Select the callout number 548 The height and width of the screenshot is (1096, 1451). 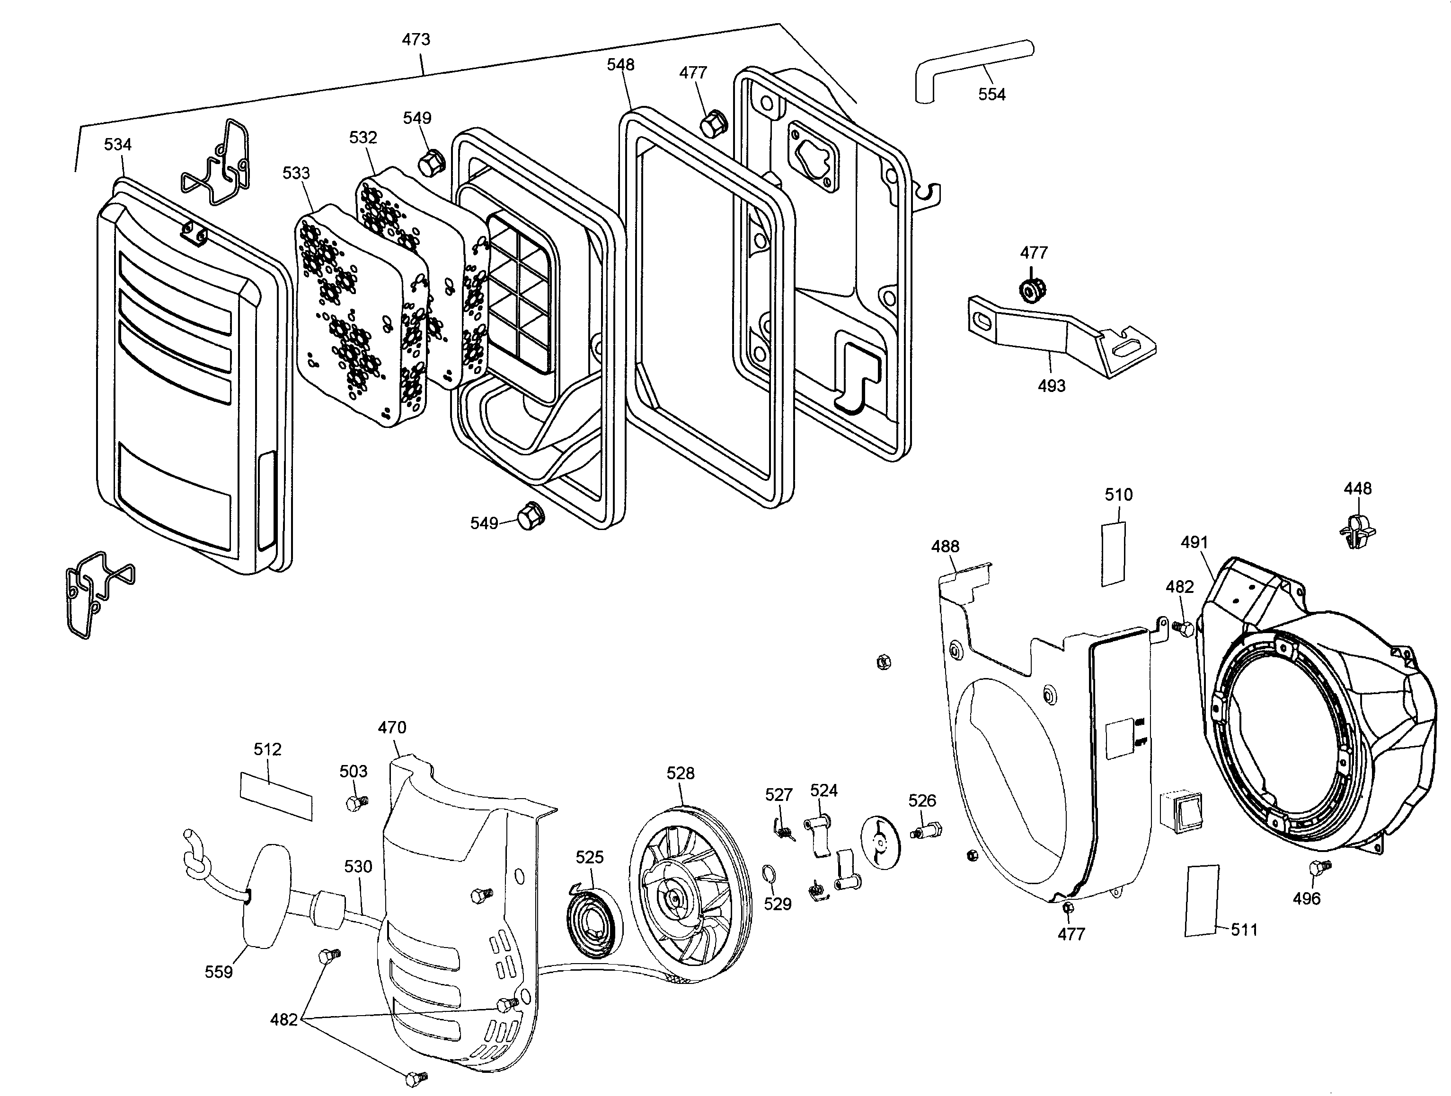pyautogui.click(x=620, y=64)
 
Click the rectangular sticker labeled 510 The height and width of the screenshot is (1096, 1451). pyautogui.click(x=1113, y=553)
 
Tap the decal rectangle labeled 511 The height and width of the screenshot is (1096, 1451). pyautogui.click(x=1202, y=900)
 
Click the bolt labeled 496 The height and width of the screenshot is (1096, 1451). pyautogui.click(x=1319, y=868)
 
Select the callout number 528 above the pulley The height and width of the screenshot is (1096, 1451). pyautogui.click(x=680, y=774)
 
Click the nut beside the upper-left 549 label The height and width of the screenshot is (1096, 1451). pyautogui.click(x=431, y=161)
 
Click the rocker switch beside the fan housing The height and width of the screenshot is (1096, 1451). pyautogui.click(x=1179, y=811)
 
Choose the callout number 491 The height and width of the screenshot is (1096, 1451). pyautogui.click(x=1194, y=542)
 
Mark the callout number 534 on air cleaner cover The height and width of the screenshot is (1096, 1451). pyautogui.click(x=117, y=144)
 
